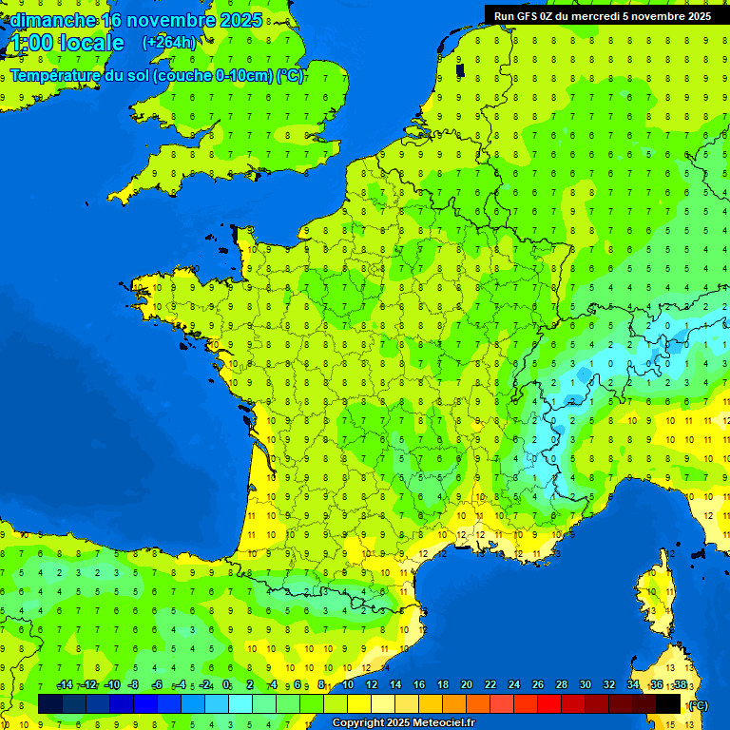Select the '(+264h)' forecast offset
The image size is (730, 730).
168,43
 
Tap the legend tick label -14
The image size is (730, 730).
65,685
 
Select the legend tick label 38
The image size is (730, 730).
681,685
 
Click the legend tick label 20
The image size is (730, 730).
466,685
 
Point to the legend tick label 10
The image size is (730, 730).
348,685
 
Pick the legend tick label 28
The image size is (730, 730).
561,685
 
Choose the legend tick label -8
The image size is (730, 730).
133,685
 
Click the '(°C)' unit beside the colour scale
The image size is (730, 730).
697,704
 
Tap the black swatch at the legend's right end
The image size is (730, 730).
668,703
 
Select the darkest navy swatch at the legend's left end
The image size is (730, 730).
50,703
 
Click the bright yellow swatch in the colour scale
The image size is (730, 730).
359,703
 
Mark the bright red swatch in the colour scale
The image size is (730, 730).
549,703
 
